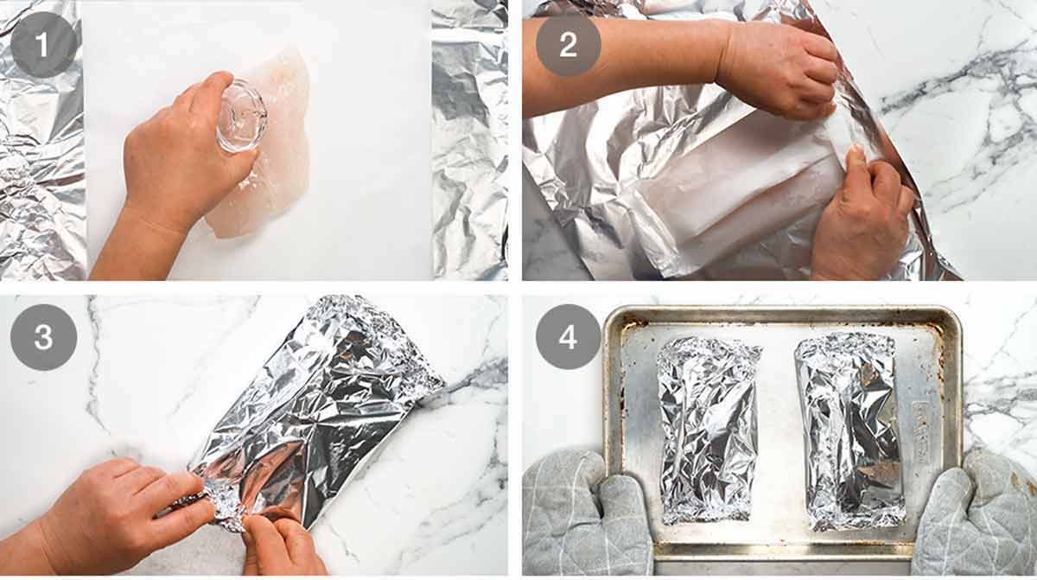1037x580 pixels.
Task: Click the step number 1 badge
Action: pos(43,44)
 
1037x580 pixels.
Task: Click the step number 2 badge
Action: pos(569,44)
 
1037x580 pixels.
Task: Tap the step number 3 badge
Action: pos(43,337)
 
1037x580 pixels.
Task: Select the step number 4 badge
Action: pos(569,337)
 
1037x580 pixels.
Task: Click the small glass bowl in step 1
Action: pos(242,116)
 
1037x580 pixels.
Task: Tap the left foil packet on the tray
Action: pos(709,430)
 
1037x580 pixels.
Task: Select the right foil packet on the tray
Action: pos(849,431)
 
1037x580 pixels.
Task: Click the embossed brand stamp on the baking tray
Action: pos(921,433)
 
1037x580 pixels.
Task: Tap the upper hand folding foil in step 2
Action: pos(782,69)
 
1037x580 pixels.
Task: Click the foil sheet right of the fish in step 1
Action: pos(470,140)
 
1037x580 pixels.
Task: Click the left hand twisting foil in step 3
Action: pos(125,509)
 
